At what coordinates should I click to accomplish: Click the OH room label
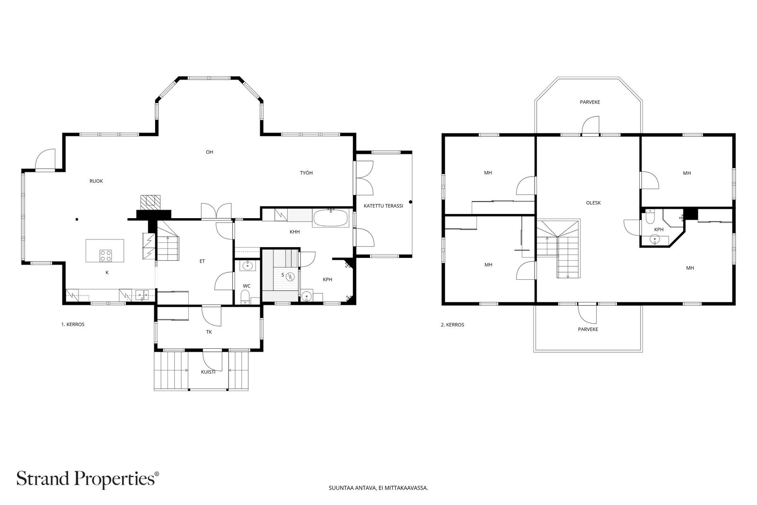210,152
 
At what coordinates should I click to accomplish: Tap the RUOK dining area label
96,181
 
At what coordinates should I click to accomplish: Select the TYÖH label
306,173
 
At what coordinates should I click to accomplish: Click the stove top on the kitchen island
106,256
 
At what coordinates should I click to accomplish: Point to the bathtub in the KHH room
331,218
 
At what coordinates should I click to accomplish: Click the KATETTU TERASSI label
383,206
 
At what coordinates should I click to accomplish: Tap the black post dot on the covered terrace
411,202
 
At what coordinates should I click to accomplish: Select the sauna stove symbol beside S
290,277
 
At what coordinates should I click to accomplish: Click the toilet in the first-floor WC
245,297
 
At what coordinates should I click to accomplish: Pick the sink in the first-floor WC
248,266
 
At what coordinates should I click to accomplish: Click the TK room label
209,332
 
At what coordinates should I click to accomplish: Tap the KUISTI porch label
208,372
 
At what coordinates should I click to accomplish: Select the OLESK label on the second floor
593,203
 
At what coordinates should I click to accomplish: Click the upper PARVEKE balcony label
590,102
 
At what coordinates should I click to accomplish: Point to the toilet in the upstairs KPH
649,217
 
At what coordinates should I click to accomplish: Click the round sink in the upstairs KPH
655,239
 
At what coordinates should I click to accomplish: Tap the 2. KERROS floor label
452,325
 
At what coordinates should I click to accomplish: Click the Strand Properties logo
88,478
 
